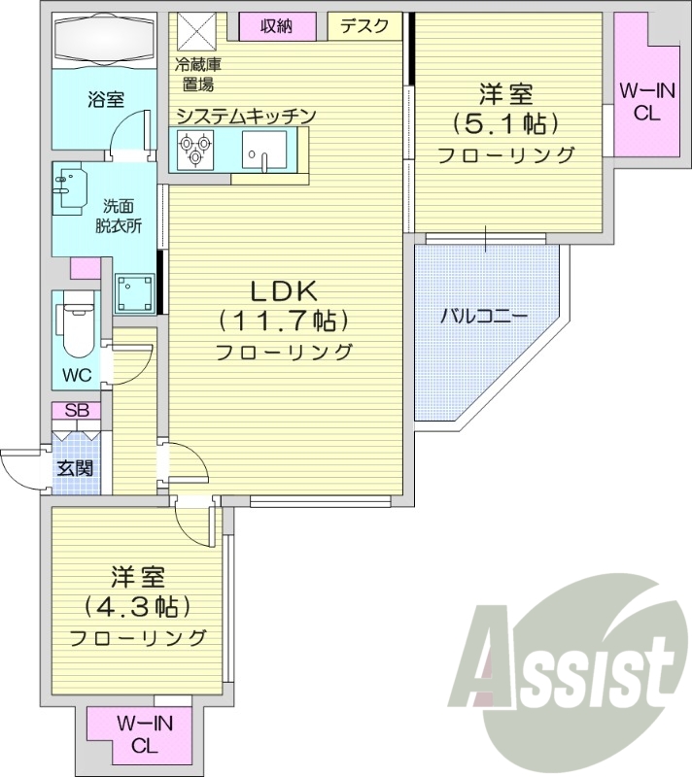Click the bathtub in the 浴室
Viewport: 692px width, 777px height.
tap(104, 42)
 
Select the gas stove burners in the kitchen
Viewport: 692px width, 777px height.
tap(192, 149)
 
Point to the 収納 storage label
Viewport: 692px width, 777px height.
tap(276, 26)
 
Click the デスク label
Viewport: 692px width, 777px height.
tap(364, 26)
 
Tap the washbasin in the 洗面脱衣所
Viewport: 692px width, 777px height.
tap(70, 190)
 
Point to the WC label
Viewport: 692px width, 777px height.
tap(78, 375)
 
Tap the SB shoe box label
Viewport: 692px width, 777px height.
tap(76, 411)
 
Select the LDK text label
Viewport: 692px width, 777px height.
tap(284, 289)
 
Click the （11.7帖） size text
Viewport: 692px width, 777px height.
tap(283, 320)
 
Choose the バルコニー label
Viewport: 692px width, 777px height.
tap(483, 316)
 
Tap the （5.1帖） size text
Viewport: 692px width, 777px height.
tap(504, 124)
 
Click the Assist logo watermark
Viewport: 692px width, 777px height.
tap(574, 660)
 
